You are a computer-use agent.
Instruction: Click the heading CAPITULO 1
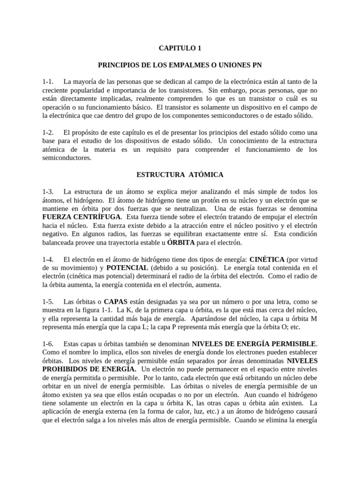(x=180, y=47)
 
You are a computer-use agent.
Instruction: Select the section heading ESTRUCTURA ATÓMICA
(x=180, y=174)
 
